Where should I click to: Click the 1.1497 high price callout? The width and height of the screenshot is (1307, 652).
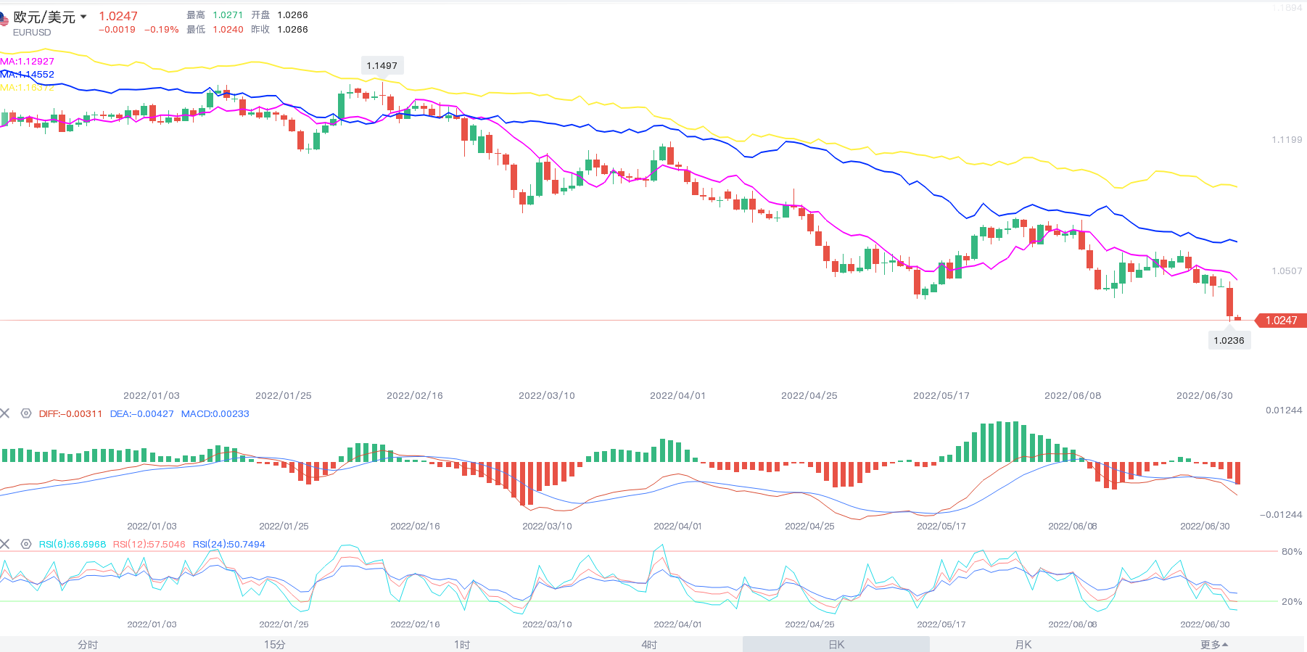pos(382,65)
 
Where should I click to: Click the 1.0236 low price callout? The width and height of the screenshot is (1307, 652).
pos(1229,340)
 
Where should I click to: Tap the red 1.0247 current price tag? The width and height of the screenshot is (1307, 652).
pos(1281,321)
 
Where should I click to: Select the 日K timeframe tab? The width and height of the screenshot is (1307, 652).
pos(836,645)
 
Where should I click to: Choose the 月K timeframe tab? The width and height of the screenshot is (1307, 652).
pos(1023,645)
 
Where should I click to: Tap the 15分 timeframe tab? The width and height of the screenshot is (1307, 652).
pos(274,645)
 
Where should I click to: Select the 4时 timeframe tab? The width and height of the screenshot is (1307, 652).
pos(649,645)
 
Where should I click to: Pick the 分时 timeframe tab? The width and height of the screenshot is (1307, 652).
pos(88,645)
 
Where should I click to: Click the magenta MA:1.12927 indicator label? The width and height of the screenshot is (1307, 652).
pos(28,62)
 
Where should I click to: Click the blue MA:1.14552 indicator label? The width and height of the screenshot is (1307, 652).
pos(28,75)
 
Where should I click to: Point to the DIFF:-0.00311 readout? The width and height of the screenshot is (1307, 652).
pos(70,414)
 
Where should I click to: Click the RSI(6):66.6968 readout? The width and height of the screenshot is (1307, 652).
pos(73,545)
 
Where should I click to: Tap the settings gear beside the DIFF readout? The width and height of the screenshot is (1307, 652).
pos(26,413)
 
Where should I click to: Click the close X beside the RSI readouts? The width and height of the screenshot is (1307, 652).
pos(5,544)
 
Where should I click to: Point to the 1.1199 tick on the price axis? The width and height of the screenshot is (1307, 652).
pos(1287,140)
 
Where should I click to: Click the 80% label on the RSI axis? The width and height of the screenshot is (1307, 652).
pos(1291,552)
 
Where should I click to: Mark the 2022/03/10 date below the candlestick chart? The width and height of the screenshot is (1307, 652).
pos(546,396)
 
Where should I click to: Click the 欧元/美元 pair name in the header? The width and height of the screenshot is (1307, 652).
pos(44,17)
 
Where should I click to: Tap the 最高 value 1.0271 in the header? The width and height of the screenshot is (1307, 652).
pos(228,15)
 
